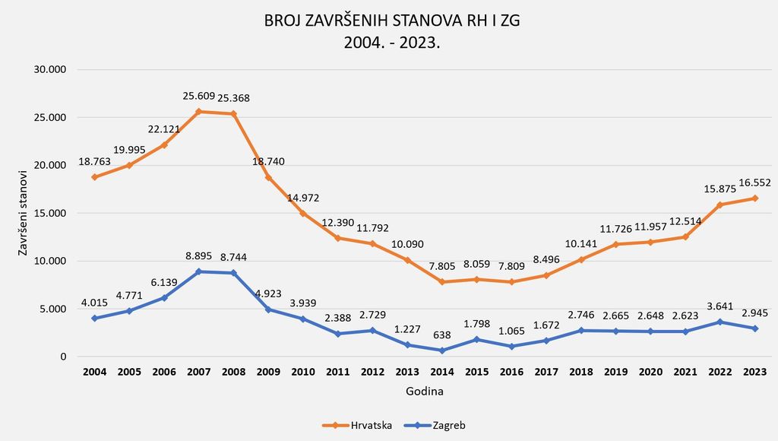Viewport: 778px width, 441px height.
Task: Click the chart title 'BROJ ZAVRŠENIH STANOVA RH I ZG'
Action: click(x=392, y=21)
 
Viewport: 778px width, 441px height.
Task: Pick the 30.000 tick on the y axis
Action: click(x=52, y=69)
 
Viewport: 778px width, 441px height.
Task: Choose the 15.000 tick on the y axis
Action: click(x=52, y=213)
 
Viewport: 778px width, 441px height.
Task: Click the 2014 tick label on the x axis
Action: click(x=441, y=372)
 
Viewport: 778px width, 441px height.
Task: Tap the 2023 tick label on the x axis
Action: click(x=754, y=372)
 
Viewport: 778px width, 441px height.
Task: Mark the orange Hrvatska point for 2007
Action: click(x=199, y=112)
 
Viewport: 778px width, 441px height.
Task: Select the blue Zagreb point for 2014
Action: click(x=441, y=351)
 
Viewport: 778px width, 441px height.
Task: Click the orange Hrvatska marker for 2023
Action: click(x=754, y=198)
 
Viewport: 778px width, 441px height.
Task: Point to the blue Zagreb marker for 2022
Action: click(x=719, y=322)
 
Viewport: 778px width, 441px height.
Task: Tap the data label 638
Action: click(x=441, y=335)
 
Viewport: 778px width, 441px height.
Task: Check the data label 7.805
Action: click(x=441, y=267)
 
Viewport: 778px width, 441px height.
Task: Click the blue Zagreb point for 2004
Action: click(x=95, y=318)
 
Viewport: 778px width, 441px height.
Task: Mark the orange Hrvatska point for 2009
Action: click(x=268, y=177)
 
